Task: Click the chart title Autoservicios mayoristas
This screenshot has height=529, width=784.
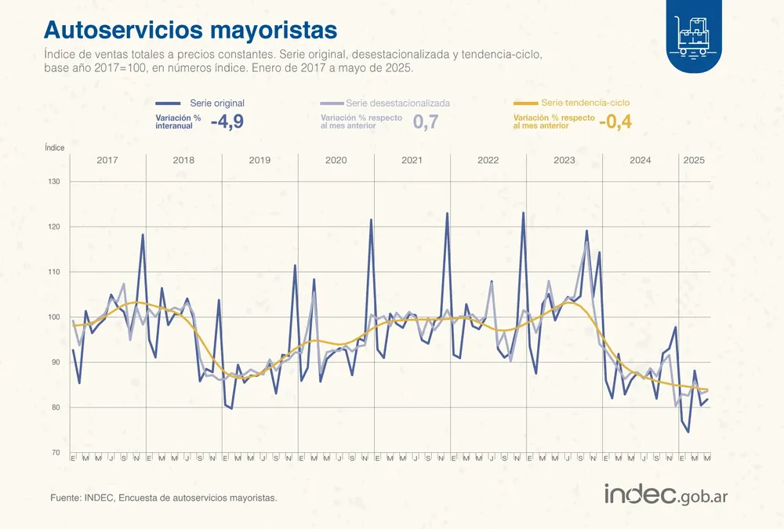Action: coord(191,29)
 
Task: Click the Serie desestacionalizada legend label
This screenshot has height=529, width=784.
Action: coord(397,103)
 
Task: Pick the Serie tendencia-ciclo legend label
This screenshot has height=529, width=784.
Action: coord(585,103)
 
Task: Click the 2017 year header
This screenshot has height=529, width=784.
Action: coord(107,160)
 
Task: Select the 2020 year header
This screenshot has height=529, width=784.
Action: coord(336,160)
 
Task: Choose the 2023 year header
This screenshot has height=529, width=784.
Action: coord(564,160)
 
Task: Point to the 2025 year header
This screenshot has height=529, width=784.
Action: coord(694,160)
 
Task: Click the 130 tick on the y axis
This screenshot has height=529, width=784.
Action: coord(55,182)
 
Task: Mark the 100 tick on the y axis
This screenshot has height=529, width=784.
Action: coord(55,317)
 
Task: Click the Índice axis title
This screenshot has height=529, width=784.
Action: coord(55,147)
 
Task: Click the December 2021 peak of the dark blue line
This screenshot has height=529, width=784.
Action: coord(447,213)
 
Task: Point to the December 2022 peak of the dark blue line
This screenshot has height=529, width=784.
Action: coord(523,213)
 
